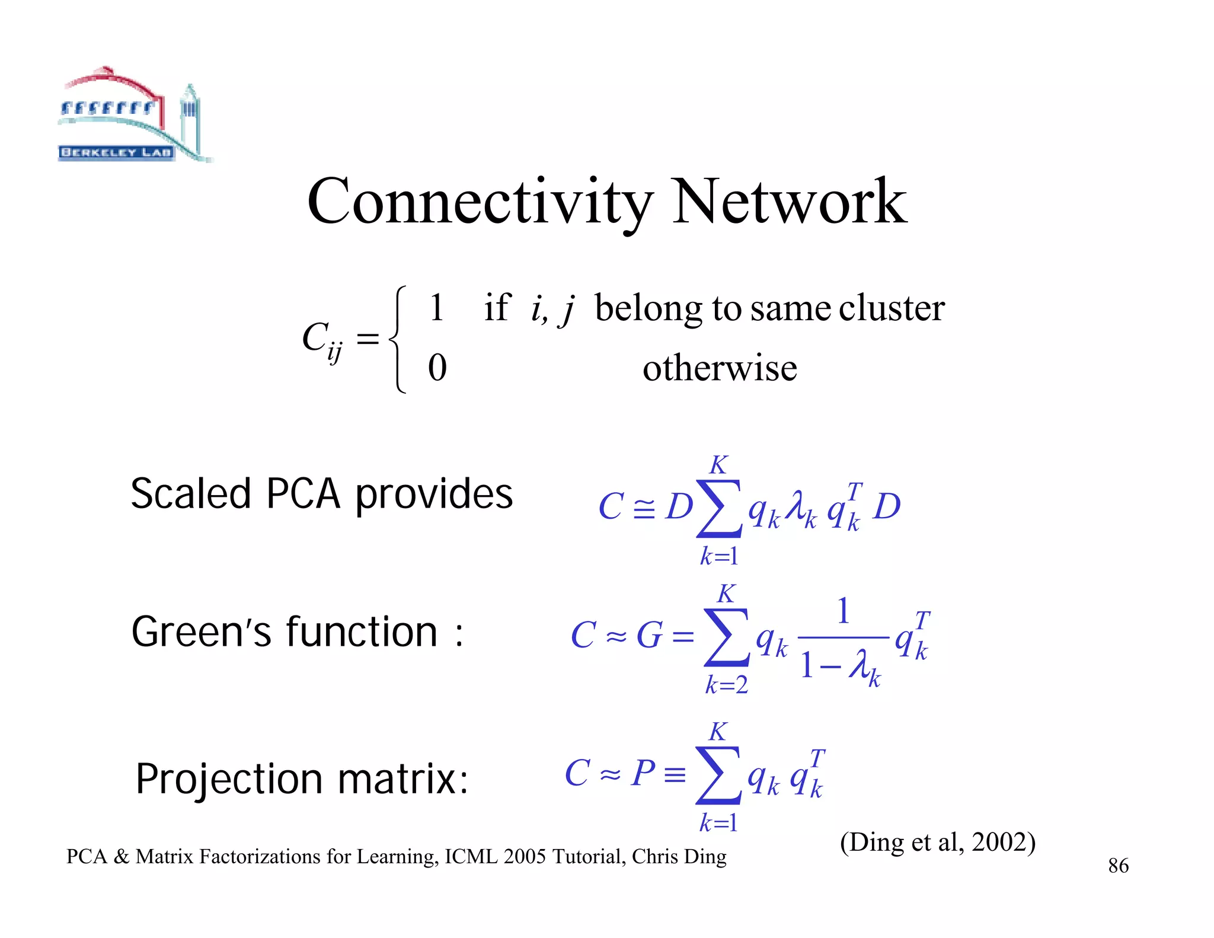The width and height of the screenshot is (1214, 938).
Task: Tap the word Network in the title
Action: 789,202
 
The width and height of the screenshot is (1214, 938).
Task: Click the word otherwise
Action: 720,368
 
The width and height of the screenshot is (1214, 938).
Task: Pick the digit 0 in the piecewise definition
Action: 437,368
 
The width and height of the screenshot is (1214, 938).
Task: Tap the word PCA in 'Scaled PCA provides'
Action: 303,494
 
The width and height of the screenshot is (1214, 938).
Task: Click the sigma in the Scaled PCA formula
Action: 719,508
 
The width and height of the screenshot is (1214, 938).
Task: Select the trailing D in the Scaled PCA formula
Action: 887,507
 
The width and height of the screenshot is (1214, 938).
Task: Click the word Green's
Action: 202,632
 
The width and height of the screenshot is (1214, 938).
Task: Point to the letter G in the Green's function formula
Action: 649,636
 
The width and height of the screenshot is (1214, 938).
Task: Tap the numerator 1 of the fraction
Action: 843,611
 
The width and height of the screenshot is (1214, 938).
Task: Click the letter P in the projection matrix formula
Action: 643,773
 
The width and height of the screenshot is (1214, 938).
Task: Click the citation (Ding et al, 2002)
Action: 937,843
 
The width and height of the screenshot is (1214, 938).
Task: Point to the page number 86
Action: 1118,866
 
